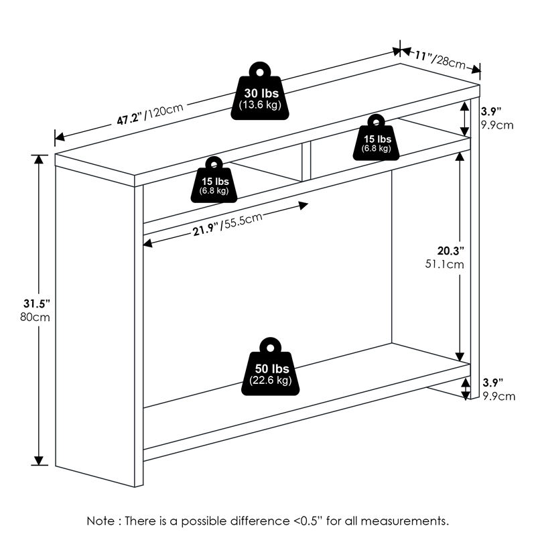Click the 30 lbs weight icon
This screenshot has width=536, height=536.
click(260, 92)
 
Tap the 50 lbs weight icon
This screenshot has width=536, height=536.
click(270, 366)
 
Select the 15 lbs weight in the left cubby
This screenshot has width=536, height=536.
click(214, 180)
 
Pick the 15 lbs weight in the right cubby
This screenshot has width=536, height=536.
click(376, 138)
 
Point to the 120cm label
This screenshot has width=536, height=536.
click(164, 111)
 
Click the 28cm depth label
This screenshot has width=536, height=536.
click(449, 62)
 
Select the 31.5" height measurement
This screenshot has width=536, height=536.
click(37, 304)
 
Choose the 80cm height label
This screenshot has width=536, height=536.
click(35, 317)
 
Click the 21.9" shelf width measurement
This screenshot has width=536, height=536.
click(205, 230)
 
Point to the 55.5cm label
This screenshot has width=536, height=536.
click(241, 222)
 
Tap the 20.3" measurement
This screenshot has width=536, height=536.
click(450, 251)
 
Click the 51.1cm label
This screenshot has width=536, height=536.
click(444, 264)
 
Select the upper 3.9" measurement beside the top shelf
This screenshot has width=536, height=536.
click(491, 111)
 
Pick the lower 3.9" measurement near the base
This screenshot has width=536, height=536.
click(493, 383)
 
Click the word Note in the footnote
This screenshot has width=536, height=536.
click(101, 521)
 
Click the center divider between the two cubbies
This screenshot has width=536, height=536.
click(306, 161)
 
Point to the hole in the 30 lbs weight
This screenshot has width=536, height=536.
click(260, 72)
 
